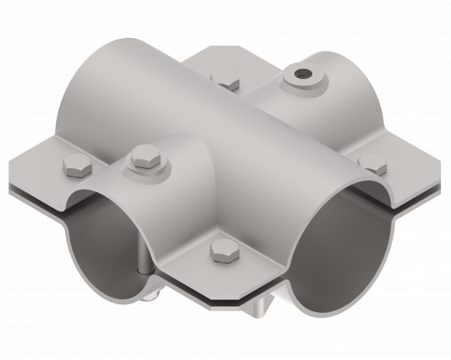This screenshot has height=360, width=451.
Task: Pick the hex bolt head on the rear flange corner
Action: (225, 80)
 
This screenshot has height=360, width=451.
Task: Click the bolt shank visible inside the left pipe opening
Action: (143, 264)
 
